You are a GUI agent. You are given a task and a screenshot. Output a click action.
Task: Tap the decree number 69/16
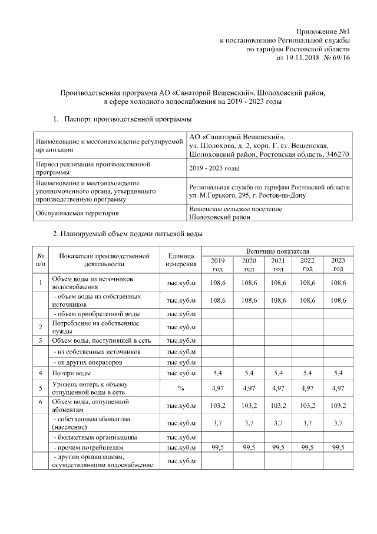point(341,59)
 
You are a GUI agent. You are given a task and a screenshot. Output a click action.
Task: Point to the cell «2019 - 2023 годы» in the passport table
point(214,169)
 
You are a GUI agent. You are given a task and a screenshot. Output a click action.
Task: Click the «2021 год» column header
point(278,264)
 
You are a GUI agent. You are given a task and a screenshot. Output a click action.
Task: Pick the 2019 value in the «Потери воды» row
point(218,373)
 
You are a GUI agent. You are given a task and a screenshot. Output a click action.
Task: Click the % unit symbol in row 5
point(181,388)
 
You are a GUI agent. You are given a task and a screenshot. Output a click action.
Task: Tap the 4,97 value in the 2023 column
point(338,388)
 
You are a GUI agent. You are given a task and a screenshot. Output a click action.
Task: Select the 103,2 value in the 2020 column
point(249,406)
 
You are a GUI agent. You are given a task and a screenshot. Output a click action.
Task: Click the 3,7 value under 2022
point(307,423)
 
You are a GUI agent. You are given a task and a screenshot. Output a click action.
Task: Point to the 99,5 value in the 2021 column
point(278,448)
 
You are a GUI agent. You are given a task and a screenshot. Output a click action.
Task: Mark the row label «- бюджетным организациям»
point(95,438)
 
